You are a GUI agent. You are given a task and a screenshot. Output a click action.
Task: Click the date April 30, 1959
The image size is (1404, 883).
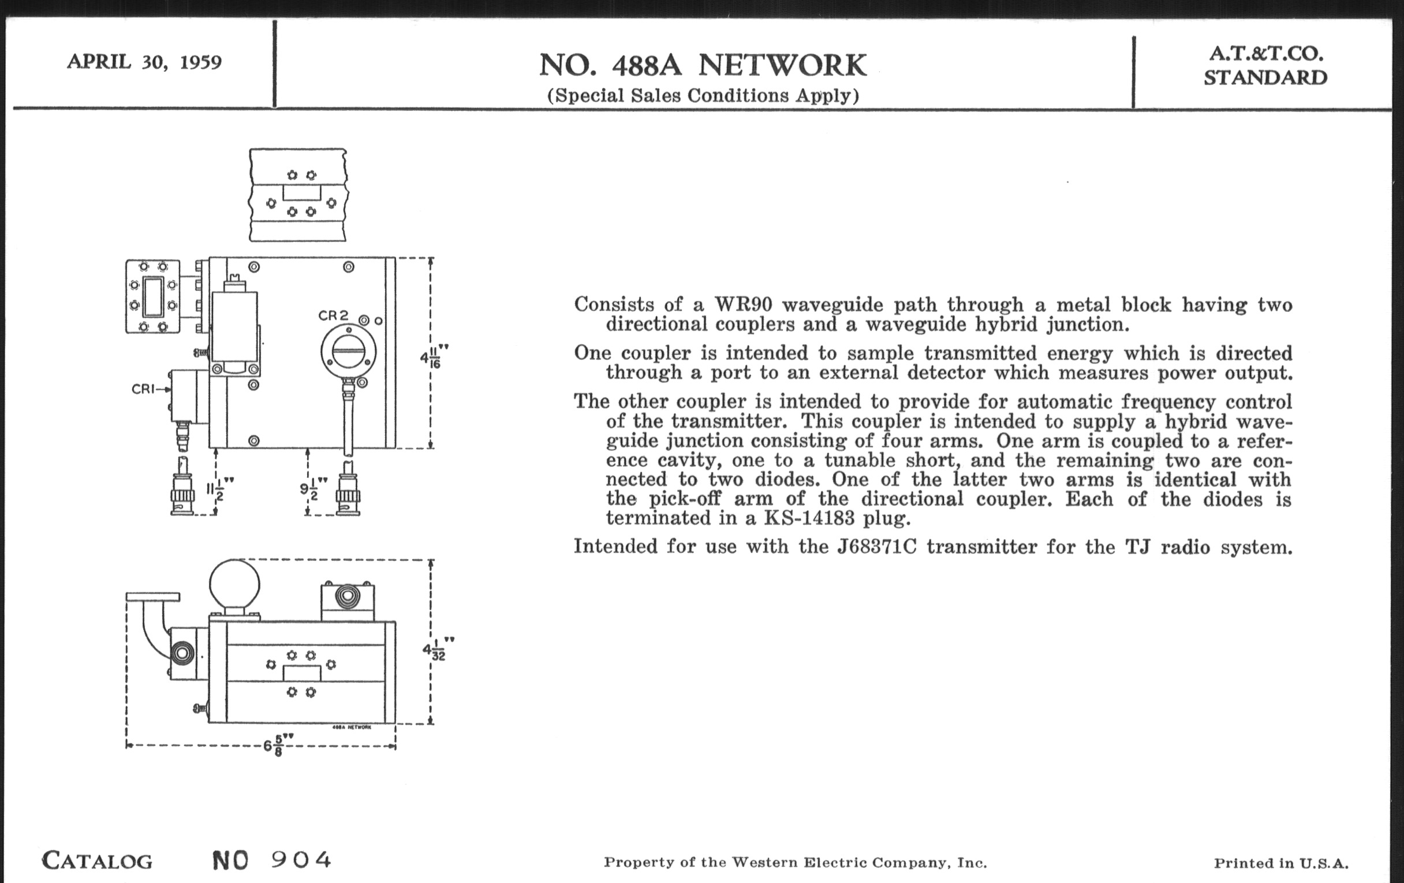click(144, 61)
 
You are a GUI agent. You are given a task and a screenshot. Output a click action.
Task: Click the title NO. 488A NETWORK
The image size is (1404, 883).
click(703, 65)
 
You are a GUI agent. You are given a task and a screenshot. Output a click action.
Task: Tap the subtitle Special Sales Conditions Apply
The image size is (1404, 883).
click(703, 95)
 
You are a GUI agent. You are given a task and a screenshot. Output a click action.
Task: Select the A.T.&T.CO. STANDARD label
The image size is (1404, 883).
click(1265, 65)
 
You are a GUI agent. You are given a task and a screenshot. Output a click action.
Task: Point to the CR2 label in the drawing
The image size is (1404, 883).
click(333, 315)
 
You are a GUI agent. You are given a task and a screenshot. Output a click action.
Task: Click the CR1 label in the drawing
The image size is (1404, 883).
click(144, 389)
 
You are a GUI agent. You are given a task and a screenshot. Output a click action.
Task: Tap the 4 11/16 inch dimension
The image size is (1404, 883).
click(434, 356)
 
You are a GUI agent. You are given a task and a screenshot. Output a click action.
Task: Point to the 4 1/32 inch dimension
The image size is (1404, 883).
click(438, 649)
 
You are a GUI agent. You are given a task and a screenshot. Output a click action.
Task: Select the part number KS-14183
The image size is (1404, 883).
click(809, 518)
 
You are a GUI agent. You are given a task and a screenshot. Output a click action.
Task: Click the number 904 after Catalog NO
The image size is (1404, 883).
click(301, 860)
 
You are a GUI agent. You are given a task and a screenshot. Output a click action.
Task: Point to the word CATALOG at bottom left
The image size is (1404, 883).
click(98, 861)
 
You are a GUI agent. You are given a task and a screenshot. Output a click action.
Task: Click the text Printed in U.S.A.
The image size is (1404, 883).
click(1281, 863)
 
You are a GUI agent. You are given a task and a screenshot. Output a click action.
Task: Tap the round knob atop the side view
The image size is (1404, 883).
click(234, 583)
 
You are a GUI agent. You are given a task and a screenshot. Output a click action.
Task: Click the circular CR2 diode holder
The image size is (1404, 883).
click(348, 351)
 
